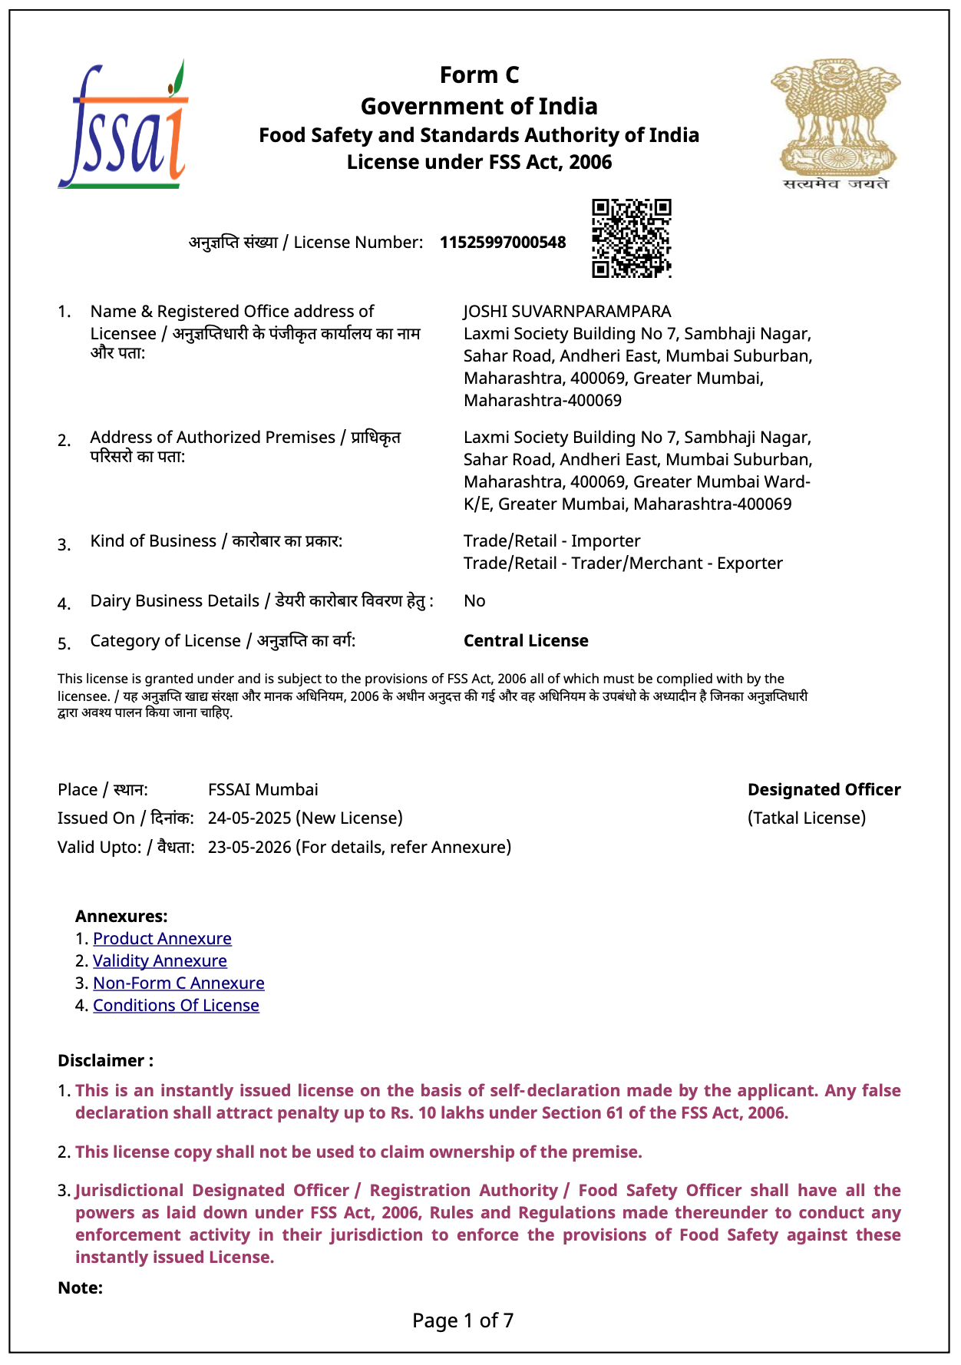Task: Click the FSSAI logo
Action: coord(123,126)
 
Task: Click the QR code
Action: coord(631,238)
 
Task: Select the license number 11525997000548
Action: coord(503,243)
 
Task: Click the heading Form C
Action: coord(479,75)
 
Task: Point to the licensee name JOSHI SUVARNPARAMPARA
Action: coord(566,312)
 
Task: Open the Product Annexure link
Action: coord(162,939)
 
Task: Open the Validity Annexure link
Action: coord(160,961)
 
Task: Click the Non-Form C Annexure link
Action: coord(178,983)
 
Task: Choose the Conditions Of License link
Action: coord(176,1006)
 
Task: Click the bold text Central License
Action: coord(526,641)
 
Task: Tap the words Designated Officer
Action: coord(824,790)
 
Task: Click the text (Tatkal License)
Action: coord(806,818)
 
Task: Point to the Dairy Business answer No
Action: coord(474,601)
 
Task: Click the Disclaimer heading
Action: coord(105,1061)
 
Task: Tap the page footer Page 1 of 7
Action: coord(463,1320)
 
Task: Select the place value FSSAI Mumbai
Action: coord(263,790)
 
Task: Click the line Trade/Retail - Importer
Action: coord(551,541)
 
